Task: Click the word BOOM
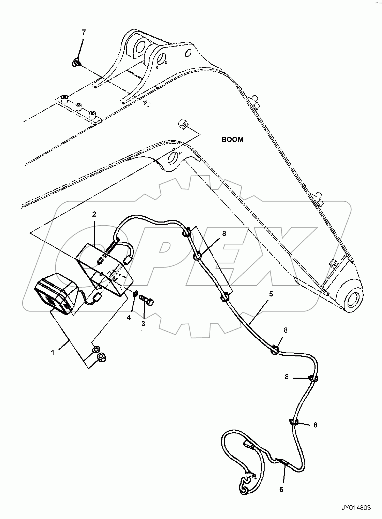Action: tap(233, 140)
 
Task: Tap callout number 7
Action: tap(84, 32)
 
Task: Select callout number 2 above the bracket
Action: tap(94, 214)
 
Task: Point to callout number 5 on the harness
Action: tap(271, 294)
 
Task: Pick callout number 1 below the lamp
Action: tap(53, 352)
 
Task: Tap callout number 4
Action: tap(129, 318)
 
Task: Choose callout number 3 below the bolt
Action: tap(143, 323)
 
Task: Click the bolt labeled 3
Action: tap(147, 300)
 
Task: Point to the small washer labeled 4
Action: tap(135, 294)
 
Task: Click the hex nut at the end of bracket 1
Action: tap(102, 358)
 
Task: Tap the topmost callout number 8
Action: tap(224, 233)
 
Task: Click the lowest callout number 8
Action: tap(315, 425)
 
